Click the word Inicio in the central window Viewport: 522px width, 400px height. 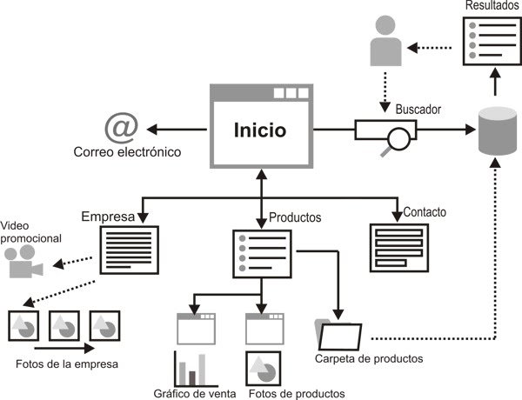pos(259,130)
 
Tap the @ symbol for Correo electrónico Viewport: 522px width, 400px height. pos(121,129)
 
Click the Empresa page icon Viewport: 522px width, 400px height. pos(130,250)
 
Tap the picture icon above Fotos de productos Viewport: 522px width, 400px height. pos(264,368)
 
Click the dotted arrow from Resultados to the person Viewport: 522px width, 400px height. pos(435,46)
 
